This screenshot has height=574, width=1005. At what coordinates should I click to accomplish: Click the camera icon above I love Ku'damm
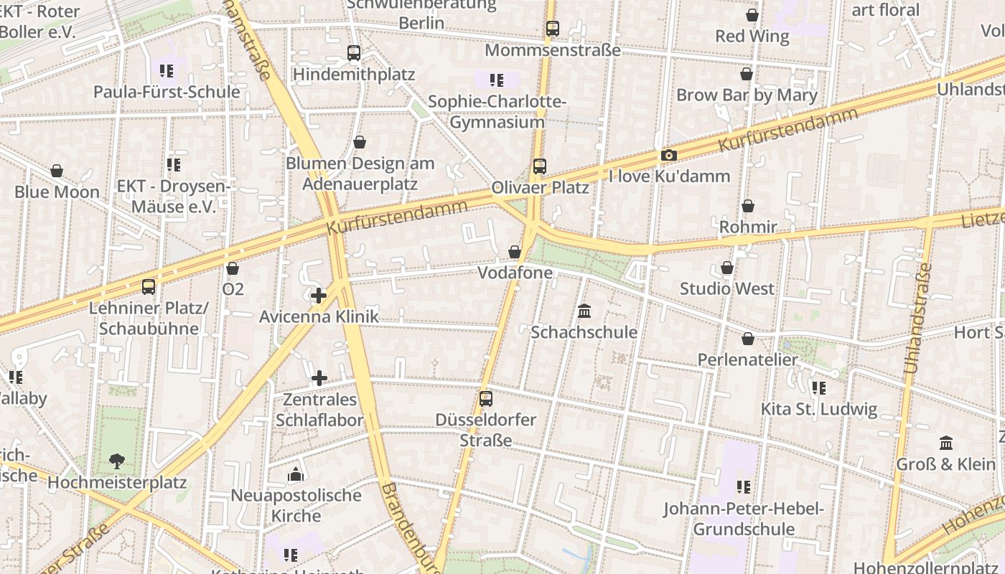pyautogui.click(x=668, y=156)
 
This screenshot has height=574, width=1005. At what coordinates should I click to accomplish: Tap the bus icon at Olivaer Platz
pyautogui.click(x=540, y=166)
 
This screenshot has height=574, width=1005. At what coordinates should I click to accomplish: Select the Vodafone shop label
pyautogui.click(x=515, y=273)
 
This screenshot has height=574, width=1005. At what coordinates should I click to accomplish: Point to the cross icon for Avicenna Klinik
pyautogui.click(x=319, y=295)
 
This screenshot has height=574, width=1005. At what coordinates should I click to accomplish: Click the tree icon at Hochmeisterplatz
pyautogui.click(x=116, y=461)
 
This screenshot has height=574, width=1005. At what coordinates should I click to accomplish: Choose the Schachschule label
pyautogui.click(x=584, y=332)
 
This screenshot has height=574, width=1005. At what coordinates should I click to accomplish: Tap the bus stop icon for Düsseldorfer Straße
pyautogui.click(x=486, y=399)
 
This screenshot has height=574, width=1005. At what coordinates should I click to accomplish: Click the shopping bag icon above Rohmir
pyautogui.click(x=748, y=206)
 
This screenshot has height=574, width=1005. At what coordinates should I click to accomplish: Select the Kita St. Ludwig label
pyautogui.click(x=819, y=410)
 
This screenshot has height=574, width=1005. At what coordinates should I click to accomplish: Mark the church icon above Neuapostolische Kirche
pyautogui.click(x=296, y=474)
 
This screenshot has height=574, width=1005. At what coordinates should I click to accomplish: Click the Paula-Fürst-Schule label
pyautogui.click(x=167, y=92)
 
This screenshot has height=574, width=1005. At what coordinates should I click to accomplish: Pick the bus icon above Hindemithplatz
pyautogui.click(x=354, y=52)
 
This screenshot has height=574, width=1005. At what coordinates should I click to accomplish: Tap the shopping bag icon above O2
pyautogui.click(x=233, y=268)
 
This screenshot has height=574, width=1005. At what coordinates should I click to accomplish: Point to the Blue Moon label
pyautogui.click(x=57, y=192)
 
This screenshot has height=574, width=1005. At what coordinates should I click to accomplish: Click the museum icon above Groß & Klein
pyautogui.click(x=946, y=443)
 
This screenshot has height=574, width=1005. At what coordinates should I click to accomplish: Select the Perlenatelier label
pyautogui.click(x=748, y=359)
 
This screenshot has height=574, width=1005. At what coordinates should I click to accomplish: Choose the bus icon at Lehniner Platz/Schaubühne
pyautogui.click(x=149, y=287)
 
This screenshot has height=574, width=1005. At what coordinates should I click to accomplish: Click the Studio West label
pyautogui.click(x=727, y=289)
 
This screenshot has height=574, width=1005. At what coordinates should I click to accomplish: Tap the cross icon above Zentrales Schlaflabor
pyautogui.click(x=319, y=378)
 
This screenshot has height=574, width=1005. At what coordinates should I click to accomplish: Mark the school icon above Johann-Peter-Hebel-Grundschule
pyautogui.click(x=744, y=487)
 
